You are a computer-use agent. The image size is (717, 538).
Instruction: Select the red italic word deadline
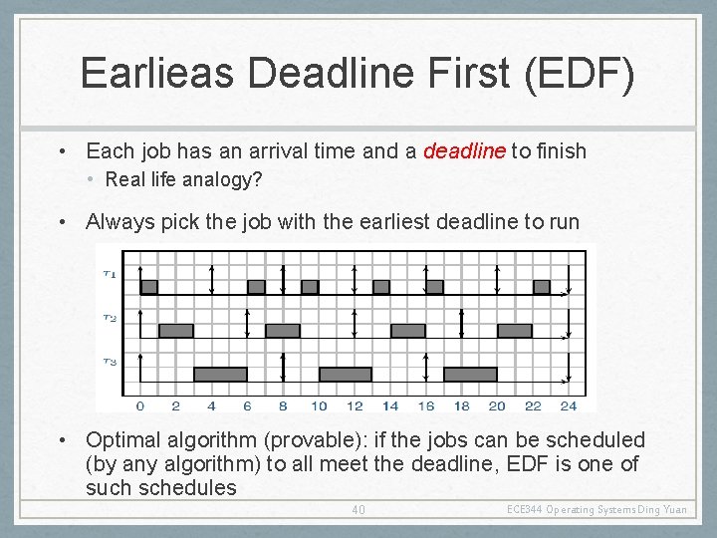click(x=464, y=151)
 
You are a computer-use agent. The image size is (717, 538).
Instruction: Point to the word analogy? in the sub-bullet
click(x=207, y=179)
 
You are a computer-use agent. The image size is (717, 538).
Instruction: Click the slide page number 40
click(x=358, y=510)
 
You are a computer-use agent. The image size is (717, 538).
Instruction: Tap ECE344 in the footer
click(x=525, y=510)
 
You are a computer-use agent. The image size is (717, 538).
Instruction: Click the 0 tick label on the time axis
click(x=139, y=405)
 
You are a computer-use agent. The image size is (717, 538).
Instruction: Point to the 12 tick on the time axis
click(x=355, y=405)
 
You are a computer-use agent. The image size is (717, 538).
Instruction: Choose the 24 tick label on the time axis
click(x=568, y=405)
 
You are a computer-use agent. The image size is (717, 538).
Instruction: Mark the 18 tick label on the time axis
click(x=461, y=405)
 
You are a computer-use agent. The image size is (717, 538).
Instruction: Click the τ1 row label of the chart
click(x=109, y=274)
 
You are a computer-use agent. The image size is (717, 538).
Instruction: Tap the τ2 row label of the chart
click(x=109, y=318)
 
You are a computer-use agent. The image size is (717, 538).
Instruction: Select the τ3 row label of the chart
click(x=109, y=362)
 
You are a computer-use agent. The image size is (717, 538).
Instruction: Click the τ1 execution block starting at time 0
click(x=148, y=287)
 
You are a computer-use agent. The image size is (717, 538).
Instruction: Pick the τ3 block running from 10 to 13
click(x=345, y=375)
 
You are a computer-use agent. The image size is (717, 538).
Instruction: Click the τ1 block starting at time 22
click(x=542, y=287)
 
